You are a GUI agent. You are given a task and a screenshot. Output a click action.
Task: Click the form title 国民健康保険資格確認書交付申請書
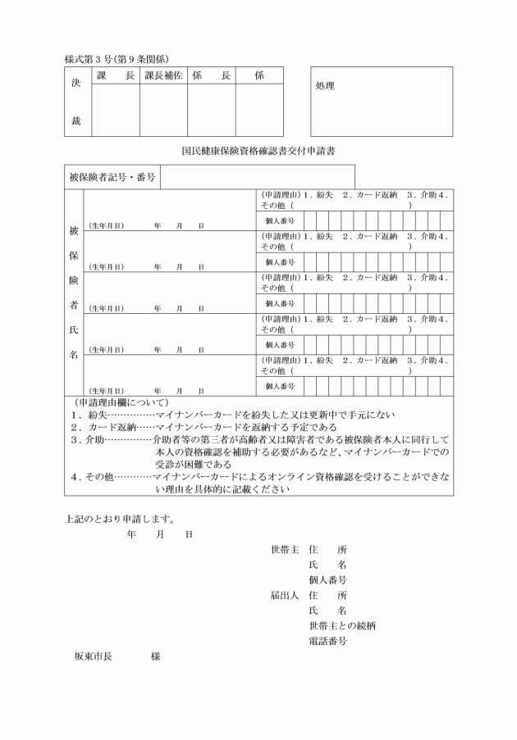pyautogui.click(x=258, y=151)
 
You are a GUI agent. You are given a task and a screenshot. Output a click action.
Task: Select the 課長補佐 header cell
pyautogui.click(x=163, y=75)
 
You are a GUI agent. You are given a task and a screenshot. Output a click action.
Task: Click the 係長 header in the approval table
pyautogui.click(x=211, y=75)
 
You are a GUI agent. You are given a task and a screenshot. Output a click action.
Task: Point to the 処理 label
pyautogui.click(x=325, y=85)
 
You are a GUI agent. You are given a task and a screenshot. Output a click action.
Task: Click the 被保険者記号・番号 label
pyautogui.click(x=112, y=176)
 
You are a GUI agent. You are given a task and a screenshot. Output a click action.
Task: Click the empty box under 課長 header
pyautogui.click(x=116, y=110)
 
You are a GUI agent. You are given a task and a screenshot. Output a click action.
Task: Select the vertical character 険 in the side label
pyautogui.click(x=74, y=279)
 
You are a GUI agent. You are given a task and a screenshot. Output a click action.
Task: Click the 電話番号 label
pyautogui.click(x=327, y=641)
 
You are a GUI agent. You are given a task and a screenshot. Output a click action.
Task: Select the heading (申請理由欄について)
pyautogui.click(x=121, y=402)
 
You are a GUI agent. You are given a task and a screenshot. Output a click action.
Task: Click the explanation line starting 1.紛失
pyautogui.click(x=226, y=415)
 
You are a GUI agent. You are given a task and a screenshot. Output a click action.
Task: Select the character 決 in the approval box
pyautogui.click(x=76, y=83)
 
